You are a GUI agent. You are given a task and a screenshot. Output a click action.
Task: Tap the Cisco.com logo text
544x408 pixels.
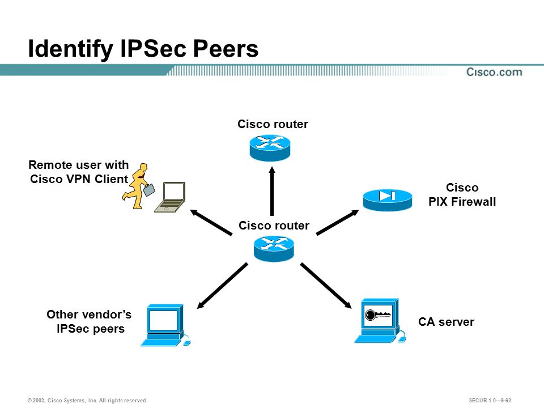494,72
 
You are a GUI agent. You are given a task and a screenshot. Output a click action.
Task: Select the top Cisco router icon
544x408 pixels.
270,148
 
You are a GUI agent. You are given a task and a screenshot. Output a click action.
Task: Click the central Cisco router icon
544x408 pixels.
274,249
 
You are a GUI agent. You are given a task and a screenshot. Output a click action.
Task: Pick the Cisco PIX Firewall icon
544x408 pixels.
388,200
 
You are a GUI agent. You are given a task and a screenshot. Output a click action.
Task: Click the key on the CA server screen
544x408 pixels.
378,315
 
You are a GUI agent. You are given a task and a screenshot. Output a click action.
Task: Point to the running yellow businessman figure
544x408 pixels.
136,186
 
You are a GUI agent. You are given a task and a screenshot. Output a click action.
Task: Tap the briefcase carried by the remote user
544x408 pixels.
149,190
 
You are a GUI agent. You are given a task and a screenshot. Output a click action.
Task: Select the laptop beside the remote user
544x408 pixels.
170,197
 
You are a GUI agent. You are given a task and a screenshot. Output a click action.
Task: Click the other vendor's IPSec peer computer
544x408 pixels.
165,325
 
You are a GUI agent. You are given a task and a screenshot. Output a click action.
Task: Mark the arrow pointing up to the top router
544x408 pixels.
272,191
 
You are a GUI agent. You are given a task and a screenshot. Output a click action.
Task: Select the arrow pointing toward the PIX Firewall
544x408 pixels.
338,222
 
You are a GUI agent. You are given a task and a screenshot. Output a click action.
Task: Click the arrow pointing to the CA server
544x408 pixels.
326,286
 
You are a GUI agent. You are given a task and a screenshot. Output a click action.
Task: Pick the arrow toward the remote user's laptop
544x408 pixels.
211,222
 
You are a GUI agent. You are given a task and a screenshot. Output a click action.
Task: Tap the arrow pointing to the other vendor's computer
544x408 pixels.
222,286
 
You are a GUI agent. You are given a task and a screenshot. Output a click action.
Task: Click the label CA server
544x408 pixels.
446,322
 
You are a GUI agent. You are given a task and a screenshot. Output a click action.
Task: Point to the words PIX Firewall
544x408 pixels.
462,202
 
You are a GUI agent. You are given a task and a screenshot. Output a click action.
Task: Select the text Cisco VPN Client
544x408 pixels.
79,179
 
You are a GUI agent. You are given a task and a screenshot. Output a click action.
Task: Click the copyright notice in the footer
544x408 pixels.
87,401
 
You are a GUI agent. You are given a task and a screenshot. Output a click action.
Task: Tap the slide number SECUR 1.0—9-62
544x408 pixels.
490,401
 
